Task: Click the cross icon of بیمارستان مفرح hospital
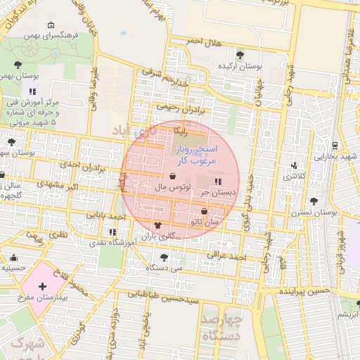point(43,286)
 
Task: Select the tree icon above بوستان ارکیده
point(240,55)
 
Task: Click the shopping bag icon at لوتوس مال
point(173,176)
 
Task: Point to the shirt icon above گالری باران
point(157,226)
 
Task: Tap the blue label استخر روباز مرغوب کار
point(197,155)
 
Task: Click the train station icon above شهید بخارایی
point(335,146)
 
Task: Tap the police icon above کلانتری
point(294,166)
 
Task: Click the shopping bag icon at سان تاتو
point(205,211)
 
